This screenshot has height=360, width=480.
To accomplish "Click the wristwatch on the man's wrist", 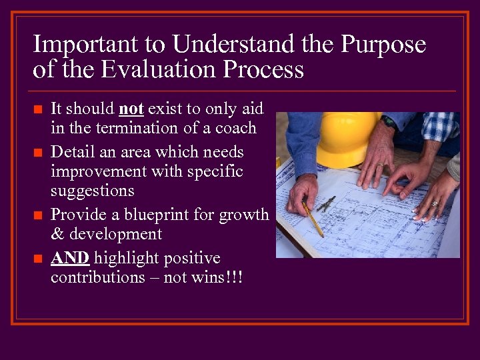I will (x=389, y=121).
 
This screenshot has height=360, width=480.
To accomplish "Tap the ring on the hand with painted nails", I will (x=434, y=203).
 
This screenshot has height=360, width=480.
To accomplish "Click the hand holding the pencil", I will (x=304, y=193).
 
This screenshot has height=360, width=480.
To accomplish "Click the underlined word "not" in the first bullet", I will (x=131, y=108).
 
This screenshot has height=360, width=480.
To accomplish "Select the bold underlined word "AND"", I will (x=70, y=258).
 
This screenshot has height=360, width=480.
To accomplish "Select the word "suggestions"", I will (x=93, y=191).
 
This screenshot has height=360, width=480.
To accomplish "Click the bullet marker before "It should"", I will (x=37, y=109).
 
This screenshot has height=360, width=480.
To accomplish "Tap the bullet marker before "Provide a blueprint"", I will (x=37, y=215).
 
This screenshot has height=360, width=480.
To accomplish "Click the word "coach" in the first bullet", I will (x=235, y=127).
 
